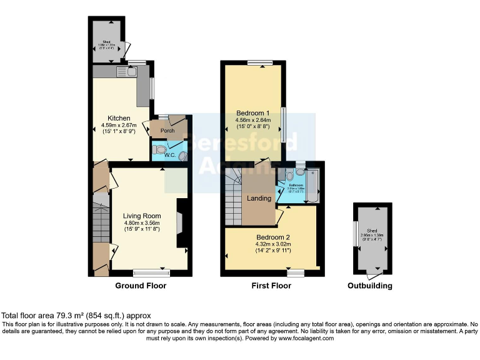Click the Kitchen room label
click(119, 118)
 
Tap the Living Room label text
click(142, 216)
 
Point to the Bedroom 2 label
click(273, 237)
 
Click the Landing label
click(259, 198)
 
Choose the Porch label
click(167, 131)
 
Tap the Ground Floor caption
click(141, 286)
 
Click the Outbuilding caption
click(370, 286)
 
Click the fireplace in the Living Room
click(180, 223)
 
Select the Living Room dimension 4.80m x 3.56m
click(142, 223)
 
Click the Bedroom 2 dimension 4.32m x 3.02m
click(273, 245)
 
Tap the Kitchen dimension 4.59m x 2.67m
click(119, 125)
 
